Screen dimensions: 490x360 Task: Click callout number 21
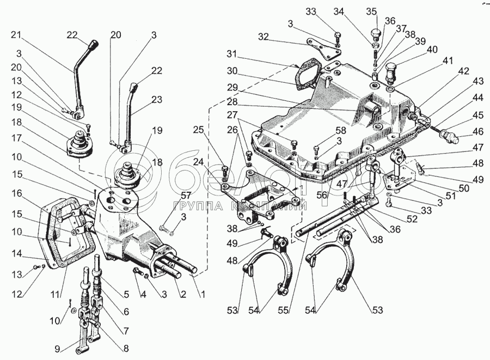click(16, 35)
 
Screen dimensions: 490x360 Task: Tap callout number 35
click(371, 12)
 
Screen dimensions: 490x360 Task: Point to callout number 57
click(186, 197)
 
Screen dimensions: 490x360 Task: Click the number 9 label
click(57, 349)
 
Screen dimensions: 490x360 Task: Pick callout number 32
click(264, 36)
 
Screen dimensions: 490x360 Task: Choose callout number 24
click(198, 162)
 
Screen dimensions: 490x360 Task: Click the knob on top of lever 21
click(94, 44)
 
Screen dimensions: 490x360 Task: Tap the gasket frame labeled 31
click(308, 75)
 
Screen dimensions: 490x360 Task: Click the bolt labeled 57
click(164, 229)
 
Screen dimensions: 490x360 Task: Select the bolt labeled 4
click(137, 271)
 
